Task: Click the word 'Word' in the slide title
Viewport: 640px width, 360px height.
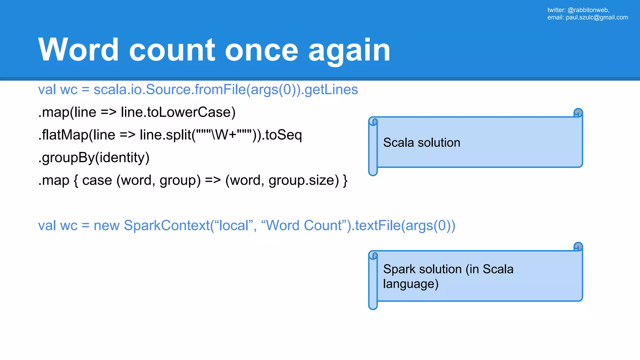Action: (x=78, y=50)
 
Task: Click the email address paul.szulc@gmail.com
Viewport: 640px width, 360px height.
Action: (x=597, y=17)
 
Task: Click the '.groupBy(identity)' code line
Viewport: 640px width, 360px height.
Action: (x=94, y=157)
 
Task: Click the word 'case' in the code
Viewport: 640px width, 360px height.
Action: (x=97, y=180)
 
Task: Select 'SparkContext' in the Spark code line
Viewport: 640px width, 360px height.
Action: (x=167, y=226)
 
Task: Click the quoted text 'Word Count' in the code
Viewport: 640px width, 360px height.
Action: (x=304, y=226)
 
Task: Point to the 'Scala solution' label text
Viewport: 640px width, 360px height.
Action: (x=422, y=142)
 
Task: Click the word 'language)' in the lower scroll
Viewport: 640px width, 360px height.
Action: (x=411, y=284)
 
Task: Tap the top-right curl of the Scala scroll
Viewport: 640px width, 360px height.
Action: (x=578, y=113)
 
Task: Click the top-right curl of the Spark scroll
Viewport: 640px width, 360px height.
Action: (x=578, y=247)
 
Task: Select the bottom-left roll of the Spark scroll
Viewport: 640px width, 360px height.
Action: (x=373, y=305)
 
